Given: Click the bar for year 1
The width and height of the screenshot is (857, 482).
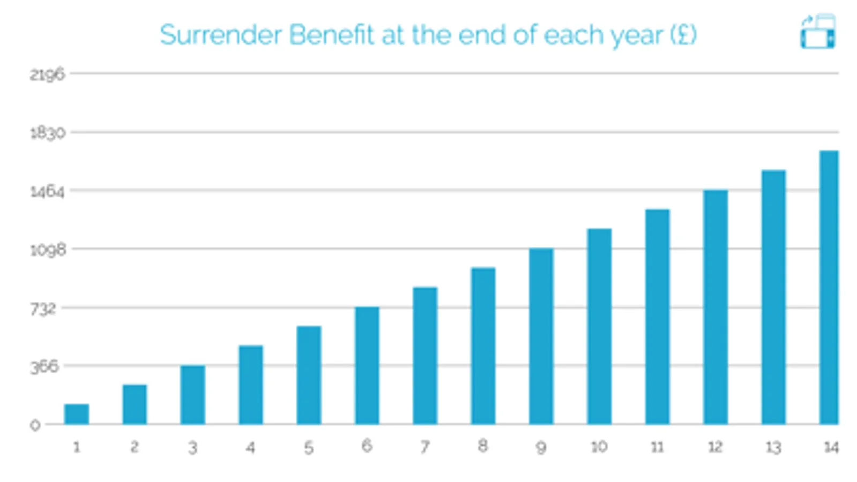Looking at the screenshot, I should pyautogui.click(x=77, y=414).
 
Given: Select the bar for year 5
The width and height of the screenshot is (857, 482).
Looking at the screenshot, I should pyautogui.click(x=309, y=375).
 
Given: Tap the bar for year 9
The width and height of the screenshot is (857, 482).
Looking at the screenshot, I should pyautogui.click(x=541, y=336).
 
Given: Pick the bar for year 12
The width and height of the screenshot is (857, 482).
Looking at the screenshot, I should pyautogui.click(x=715, y=307).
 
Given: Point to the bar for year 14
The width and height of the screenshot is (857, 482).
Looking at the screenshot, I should pyautogui.click(x=829, y=288).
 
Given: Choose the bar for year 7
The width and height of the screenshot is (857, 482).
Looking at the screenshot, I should pyautogui.click(x=425, y=356).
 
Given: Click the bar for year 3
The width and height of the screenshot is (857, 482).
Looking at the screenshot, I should pyautogui.click(x=192, y=395).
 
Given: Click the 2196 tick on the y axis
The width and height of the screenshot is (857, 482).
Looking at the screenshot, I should pyautogui.click(x=47, y=74).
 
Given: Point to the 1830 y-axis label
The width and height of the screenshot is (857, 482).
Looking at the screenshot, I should pyautogui.click(x=47, y=133).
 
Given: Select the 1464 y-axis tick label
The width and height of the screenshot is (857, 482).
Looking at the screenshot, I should pyautogui.click(x=47, y=191).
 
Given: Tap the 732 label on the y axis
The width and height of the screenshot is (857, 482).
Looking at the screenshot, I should pyautogui.click(x=43, y=308).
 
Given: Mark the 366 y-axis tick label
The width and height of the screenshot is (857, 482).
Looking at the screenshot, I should pyautogui.click(x=44, y=367).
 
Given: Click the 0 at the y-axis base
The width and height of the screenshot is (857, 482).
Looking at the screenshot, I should pyautogui.click(x=35, y=425).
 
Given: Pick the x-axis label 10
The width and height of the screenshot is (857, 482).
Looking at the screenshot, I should pyautogui.click(x=599, y=447).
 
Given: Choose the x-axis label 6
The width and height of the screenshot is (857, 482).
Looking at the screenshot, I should pyautogui.click(x=367, y=446).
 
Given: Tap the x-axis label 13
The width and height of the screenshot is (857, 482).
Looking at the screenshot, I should pyautogui.click(x=773, y=447).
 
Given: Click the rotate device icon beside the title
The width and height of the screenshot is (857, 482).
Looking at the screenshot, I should pyautogui.click(x=818, y=32).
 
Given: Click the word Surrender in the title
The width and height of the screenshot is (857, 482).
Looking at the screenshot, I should pyautogui.click(x=221, y=35).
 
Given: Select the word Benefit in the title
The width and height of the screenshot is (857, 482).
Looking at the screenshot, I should pyautogui.click(x=331, y=35).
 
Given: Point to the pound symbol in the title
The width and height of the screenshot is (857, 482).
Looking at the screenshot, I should pyautogui.click(x=683, y=35).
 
